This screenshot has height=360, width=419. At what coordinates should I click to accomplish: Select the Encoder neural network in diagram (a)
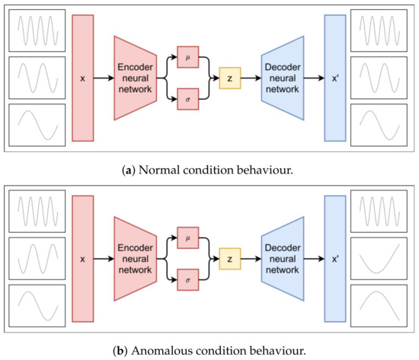click(136, 77)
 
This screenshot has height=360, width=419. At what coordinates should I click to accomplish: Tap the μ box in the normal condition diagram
click(187, 56)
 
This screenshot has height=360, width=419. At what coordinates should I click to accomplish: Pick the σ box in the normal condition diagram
click(187, 99)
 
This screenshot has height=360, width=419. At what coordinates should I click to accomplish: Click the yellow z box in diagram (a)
click(229, 77)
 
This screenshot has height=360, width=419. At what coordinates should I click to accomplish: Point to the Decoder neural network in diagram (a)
click(282, 77)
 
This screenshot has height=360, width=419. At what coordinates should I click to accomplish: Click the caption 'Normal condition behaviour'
click(209, 168)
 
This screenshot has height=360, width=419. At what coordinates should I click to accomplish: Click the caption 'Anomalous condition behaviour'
click(209, 350)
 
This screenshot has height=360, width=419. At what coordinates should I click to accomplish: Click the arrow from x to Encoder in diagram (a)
click(104, 77)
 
